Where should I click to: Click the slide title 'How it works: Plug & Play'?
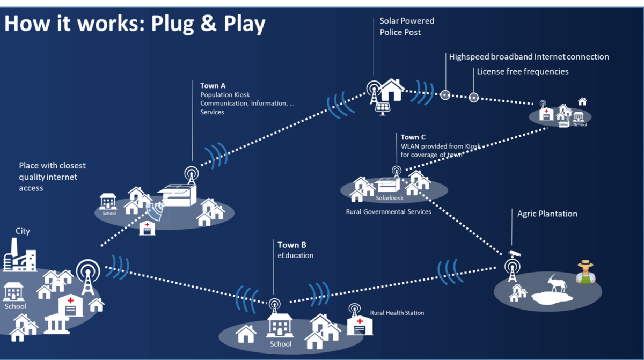pos(134,24)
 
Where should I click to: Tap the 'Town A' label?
pos(213,86)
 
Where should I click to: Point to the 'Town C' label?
pos(413,137)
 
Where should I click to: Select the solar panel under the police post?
pos(383,107)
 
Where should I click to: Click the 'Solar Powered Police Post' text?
pos(407,26)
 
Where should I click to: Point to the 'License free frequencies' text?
pos(522,71)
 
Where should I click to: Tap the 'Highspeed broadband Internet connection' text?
pos(529,56)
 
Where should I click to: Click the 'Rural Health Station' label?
pos(397,313)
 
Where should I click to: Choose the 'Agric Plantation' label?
pos(547,214)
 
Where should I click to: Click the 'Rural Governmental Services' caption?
pos(388,212)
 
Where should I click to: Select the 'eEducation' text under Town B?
pos(295,255)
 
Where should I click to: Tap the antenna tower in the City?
pos(87,276)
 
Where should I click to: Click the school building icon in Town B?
pos(280,325)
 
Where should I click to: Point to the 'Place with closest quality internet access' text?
pos(52,177)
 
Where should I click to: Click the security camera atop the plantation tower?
pos(514,253)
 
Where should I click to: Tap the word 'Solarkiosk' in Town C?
pos(390,198)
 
